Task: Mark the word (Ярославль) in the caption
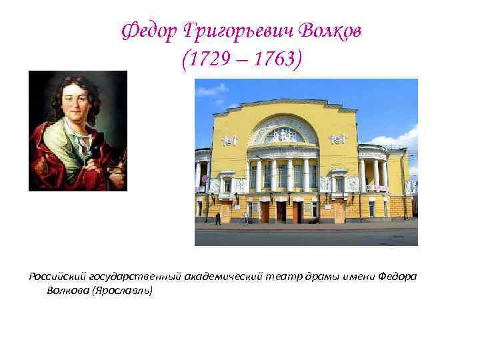click(x=123, y=291)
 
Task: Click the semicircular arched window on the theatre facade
click(x=283, y=133)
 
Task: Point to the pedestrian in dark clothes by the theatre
click(x=218, y=218)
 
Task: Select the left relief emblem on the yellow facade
click(x=229, y=139)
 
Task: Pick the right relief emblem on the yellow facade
click(x=339, y=139)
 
